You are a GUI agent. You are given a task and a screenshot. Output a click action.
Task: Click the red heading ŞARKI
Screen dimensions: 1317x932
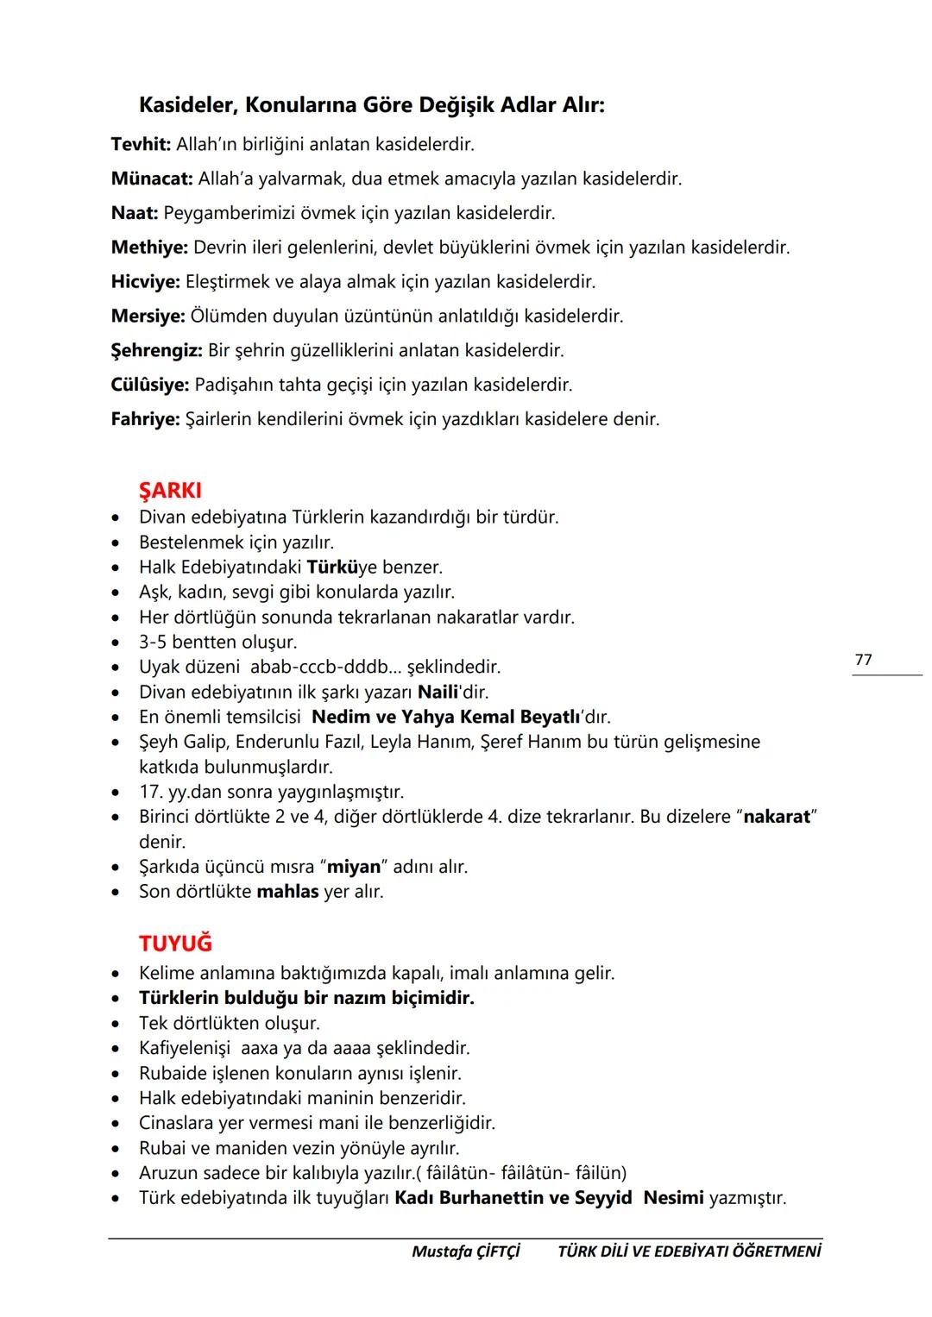coord(170,491)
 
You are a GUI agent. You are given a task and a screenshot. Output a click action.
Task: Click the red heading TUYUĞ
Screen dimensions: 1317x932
coord(175,944)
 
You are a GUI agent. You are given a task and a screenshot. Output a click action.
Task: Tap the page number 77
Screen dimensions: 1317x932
coord(863,660)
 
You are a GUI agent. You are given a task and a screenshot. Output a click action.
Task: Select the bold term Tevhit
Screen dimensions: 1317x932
coord(142,144)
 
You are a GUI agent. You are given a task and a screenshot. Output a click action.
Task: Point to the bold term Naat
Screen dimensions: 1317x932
coord(135,213)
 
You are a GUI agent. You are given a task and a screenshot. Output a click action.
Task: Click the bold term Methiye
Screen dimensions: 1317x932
coord(149,248)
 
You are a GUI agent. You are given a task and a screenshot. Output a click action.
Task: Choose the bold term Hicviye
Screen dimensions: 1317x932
coord(146,282)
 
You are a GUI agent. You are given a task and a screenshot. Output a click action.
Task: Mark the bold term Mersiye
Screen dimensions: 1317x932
coord(148,317)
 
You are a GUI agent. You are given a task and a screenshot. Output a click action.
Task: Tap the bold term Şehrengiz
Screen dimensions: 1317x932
coord(156,351)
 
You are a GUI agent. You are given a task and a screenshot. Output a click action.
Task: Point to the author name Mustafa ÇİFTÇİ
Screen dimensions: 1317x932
coord(465,1251)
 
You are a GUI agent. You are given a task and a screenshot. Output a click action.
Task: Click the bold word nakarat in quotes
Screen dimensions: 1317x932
coord(777,817)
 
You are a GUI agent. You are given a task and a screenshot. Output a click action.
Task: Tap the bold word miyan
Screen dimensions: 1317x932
coord(354,867)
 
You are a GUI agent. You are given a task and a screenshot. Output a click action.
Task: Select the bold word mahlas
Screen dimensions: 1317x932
coord(288,892)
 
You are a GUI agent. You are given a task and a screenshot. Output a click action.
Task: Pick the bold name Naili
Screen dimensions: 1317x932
coord(440,692)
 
